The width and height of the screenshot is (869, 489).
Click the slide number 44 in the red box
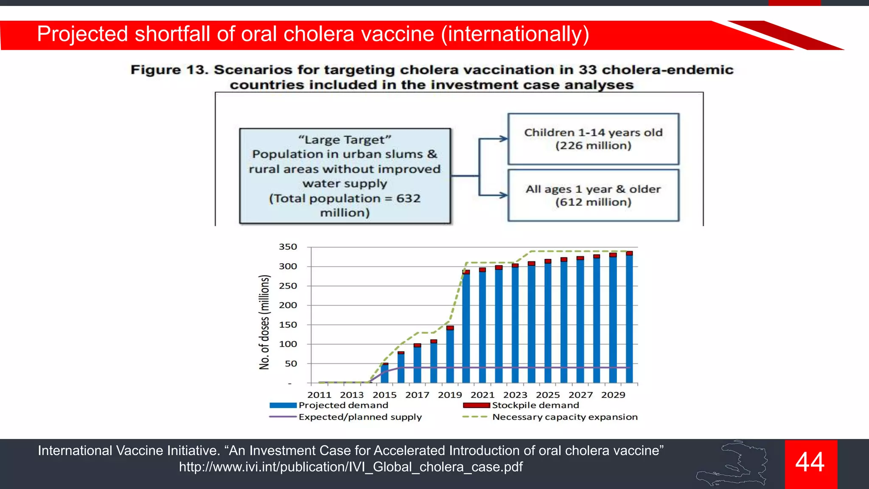click(810, 462)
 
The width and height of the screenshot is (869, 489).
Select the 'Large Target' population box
click(345, 176)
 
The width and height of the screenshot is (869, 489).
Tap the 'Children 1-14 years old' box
click(593, 139)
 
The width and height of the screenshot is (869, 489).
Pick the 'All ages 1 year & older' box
click(593, 195)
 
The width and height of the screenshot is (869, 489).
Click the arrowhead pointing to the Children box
click(504, 139)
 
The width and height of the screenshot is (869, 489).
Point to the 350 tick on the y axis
click(288, 247)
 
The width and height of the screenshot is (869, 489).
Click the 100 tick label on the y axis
click(288, 344)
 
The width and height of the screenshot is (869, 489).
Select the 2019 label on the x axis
click(450, 395)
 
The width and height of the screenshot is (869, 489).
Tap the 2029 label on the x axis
click(613, 395)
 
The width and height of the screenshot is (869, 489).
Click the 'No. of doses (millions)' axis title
click(264, 322)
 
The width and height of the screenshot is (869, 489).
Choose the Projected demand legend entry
click(343, 405)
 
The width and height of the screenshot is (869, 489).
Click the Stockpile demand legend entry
click(535, 405)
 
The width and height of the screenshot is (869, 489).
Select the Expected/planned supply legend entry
click(360, 417)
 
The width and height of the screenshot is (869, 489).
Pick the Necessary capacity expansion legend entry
click(564, 417)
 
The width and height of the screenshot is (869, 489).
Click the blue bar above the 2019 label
click(450, 357)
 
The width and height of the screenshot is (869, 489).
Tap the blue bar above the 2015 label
click(385, 374)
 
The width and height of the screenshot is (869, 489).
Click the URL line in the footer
click(350, 467)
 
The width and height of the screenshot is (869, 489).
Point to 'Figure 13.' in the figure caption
click(169, 70)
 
